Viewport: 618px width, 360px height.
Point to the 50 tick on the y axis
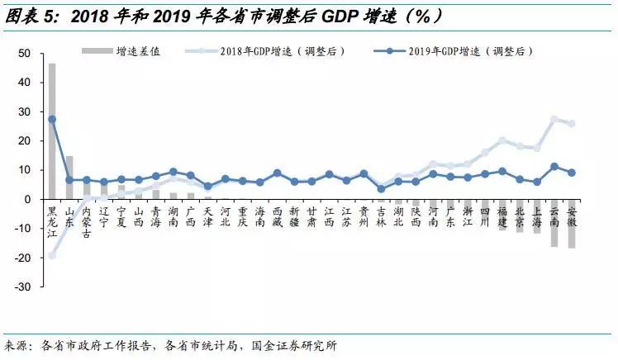coord(25,54)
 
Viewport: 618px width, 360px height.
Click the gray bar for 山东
coord(69,177)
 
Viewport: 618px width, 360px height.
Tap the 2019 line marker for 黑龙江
coord(52,119)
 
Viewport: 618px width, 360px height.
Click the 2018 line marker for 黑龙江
coord(52,255)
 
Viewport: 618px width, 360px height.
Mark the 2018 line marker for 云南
coord(554,119)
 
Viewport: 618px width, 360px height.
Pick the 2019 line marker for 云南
coord(554,167)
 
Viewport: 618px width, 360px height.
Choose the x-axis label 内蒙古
coord(87,221)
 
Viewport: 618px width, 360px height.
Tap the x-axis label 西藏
coord(277,216)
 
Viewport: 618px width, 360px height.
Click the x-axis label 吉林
coord(381,216)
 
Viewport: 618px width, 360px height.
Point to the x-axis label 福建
coord(502,216)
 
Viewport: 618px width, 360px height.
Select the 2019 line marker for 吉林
coord(381,189)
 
